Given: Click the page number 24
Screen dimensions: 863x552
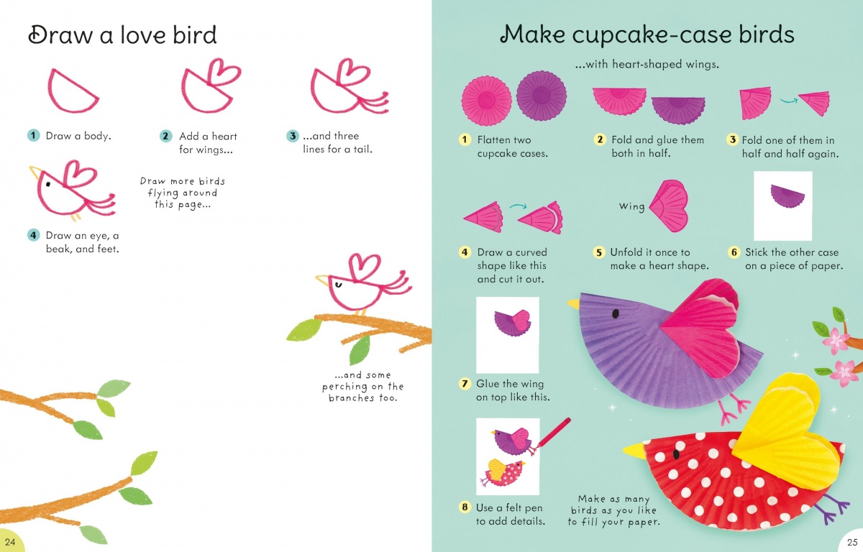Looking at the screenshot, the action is [x=10, y=542].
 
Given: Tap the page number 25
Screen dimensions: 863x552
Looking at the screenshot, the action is [x=852, y=542].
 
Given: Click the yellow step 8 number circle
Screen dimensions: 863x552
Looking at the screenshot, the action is [x=465, y=507].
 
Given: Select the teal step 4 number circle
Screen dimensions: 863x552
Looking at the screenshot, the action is [x=34, y=235].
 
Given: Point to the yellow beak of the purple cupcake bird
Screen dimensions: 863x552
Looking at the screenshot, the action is [x=573, y=304].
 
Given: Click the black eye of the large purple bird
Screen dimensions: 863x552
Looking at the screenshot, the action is [x=616, y=313].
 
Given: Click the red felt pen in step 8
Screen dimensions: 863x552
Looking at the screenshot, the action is [x=553, y=433].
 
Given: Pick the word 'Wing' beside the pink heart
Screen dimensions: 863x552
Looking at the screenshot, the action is [x=632, y=207].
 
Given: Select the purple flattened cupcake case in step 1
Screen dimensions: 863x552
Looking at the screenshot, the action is [x=542, y=96].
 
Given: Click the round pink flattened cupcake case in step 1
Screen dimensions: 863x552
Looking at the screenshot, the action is [x=487, y=101].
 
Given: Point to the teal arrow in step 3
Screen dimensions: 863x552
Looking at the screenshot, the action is [x=789, y=101].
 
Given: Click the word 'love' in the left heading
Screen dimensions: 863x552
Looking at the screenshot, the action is [x=142, y=34].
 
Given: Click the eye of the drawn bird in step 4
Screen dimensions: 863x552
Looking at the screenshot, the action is [x=48, y=185].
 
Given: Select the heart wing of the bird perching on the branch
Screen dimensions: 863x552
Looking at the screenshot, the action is [x=364, y=266].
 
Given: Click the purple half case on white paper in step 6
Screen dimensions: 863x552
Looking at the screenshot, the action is [x=787, y=195].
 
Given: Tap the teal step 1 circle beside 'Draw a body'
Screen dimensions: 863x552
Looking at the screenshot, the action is [x=34, y=135].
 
